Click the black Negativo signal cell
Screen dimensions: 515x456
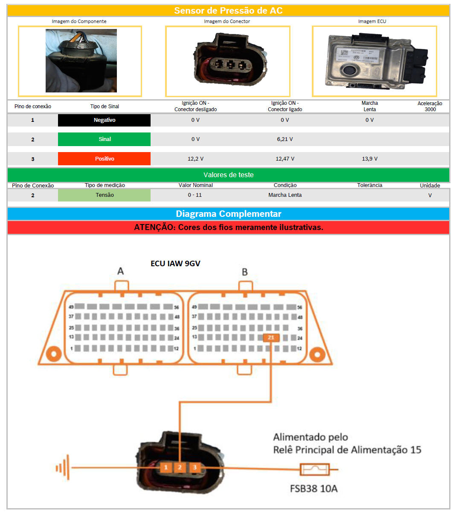point(104,120)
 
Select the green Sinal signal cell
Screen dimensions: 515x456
point(104,139)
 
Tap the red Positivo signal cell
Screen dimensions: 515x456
point(104,159)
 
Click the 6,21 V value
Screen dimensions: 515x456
point(285,139)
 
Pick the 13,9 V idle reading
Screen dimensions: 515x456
point(369,159)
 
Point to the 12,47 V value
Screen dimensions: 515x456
point(285,159)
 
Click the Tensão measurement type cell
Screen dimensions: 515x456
point(104,195)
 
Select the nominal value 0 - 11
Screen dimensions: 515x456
point(195,195)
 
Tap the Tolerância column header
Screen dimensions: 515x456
point(369,185)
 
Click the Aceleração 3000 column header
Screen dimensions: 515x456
point(430,106)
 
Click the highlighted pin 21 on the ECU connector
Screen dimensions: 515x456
point(271,338)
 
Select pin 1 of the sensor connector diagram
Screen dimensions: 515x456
point(166,468)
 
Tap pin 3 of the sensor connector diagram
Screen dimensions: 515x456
point(195,468)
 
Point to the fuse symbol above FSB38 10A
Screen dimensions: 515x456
point(314,470)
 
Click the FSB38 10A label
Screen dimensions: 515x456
point(314,489)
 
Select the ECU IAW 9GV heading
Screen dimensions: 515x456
point(175,264)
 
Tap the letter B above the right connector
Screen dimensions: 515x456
point(244,272)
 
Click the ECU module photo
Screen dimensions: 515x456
point(374,61)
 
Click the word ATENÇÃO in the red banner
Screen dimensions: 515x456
point(154,227)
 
